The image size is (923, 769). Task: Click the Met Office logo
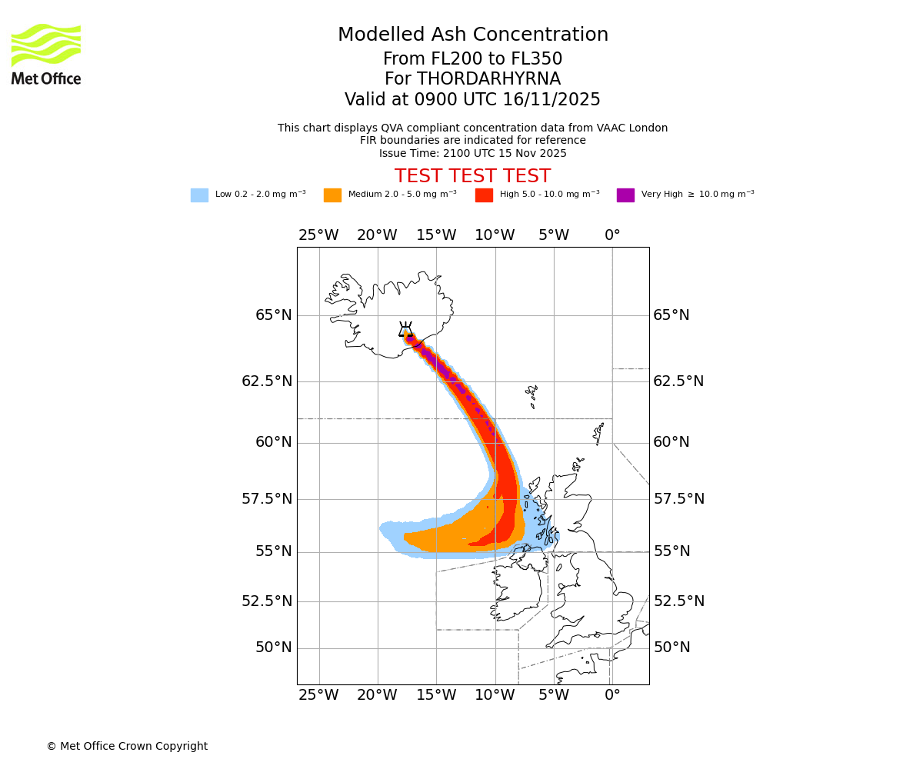(46, 54)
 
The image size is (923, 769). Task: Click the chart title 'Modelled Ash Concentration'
(472, 35)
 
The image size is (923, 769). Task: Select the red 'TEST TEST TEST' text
(472, 176)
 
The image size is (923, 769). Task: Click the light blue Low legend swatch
(199, 195)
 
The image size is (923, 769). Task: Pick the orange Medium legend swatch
(332, 195)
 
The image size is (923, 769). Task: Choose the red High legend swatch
(484, 195)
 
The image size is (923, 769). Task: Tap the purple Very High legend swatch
(625, 195)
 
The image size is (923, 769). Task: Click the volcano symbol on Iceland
(405, 330)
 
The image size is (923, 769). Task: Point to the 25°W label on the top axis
(318, 235)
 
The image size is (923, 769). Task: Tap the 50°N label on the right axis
(671, 647)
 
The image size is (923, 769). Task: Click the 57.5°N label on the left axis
(266, 499)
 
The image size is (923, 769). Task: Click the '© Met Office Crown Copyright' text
(127, 746)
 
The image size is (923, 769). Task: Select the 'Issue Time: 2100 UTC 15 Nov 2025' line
(472, 153)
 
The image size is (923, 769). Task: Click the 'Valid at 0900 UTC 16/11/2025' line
(472, 100)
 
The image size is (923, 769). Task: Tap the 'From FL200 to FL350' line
(472, 59)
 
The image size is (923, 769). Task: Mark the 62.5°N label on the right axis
(678, 381)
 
